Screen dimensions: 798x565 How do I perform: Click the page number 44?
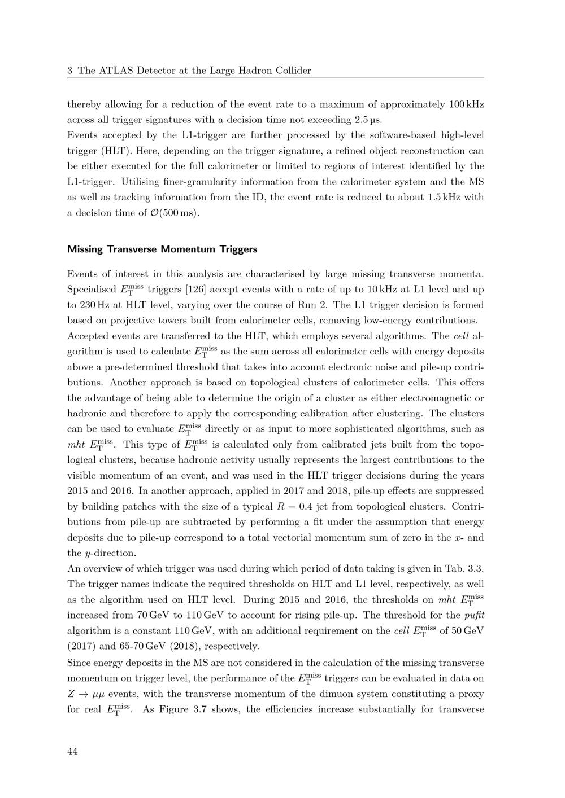tap(72, 751)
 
